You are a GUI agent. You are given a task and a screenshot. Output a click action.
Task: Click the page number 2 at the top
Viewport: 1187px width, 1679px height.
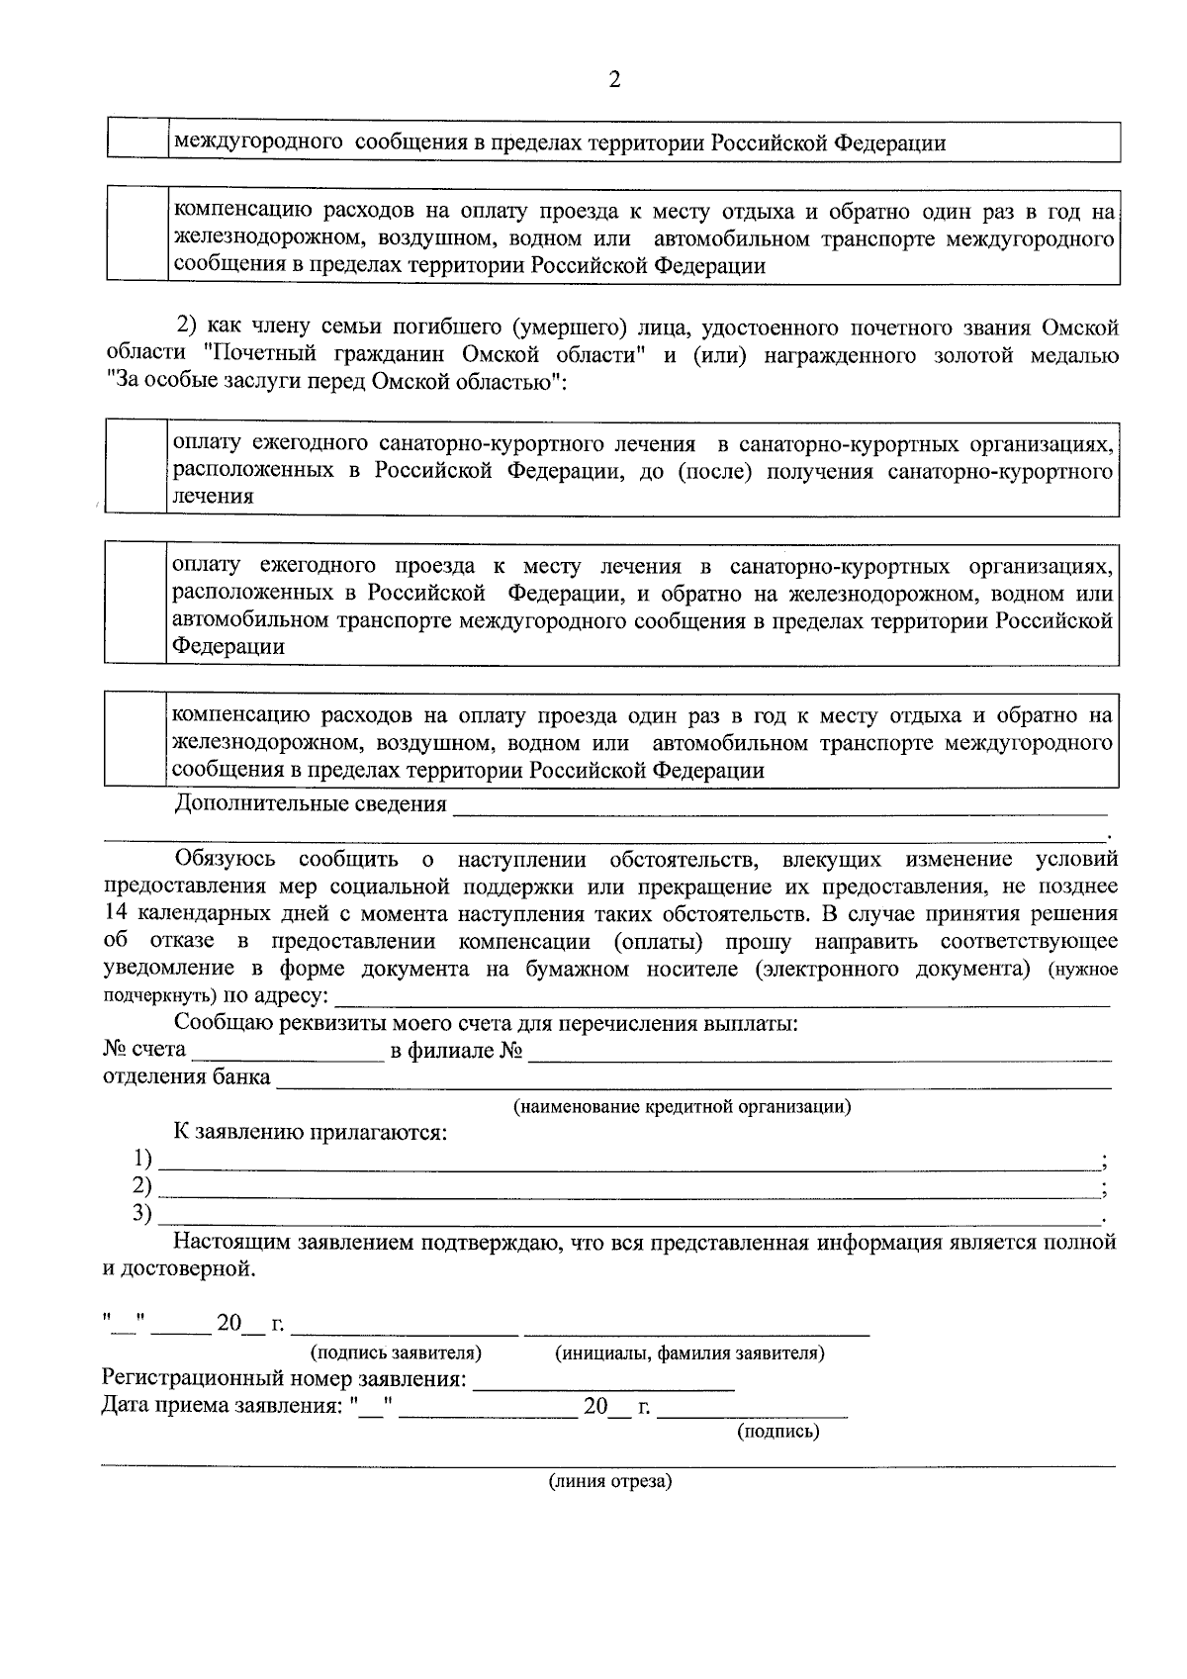coord(614,80)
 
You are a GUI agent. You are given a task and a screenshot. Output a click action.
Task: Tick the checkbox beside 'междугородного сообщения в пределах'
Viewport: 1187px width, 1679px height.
coord(137,141)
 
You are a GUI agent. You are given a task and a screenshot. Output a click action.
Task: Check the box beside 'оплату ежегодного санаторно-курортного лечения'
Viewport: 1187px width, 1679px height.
coord(135,467)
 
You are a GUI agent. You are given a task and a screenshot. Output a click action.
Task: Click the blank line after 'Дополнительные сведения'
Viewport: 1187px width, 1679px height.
coord(778,809)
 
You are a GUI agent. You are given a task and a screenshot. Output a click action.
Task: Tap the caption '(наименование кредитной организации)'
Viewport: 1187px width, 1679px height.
coord(682,1106)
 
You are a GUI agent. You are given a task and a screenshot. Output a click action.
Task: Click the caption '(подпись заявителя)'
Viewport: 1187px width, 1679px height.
coord(396,1352)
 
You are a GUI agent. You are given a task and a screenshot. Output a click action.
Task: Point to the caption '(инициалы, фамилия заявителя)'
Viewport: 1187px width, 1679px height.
coord(689,1352)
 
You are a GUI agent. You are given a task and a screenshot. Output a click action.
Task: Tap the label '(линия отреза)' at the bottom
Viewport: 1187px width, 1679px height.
coord(610,1481)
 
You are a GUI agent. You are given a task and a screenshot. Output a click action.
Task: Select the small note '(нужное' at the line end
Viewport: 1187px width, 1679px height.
coord(1083,970)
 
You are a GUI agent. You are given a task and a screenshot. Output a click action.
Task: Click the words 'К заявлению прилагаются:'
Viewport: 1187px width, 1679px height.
coord(311,1133)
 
